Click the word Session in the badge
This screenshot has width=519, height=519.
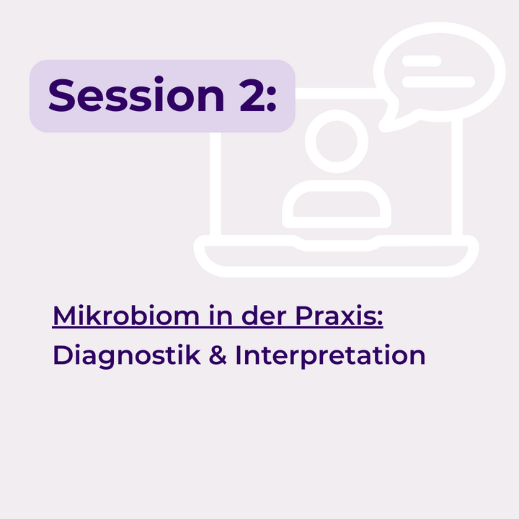[136, 95]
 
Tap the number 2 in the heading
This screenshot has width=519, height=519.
[252, 95]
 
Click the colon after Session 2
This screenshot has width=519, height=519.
[272, 99]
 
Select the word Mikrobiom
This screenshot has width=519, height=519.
[126, 316]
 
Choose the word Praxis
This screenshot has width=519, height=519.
[336, 316]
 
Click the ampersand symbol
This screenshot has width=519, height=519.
[218, 355]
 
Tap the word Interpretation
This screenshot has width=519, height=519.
[330, 356]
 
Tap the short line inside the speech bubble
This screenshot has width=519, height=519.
[422, 61]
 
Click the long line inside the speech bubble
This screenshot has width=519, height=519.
[438, 81]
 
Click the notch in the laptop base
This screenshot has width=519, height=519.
[336, 245]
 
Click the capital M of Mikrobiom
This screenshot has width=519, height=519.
[64, 316]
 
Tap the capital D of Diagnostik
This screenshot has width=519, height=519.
[63, 355]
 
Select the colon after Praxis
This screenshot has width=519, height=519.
[380, 318]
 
